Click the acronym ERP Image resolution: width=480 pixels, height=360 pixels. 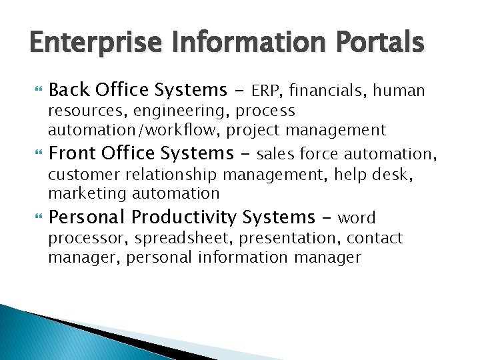pyautogui.click(x=267, y=90)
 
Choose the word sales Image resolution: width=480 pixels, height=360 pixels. pyautogui.click(x=276, y=154)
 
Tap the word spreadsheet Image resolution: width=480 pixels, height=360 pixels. pyautogui.click(x=183, y=239)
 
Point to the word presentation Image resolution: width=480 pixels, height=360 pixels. pyautogui.click(x=287, y=238)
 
